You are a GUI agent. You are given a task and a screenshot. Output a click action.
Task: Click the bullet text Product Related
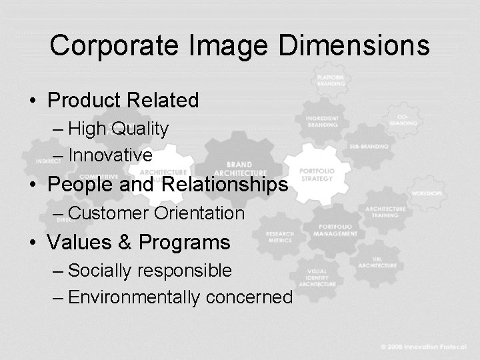(x=123, y=101)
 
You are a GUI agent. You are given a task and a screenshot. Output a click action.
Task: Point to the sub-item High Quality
(x=119, y=129)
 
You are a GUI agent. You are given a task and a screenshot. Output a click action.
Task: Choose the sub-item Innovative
(x=111, y=155)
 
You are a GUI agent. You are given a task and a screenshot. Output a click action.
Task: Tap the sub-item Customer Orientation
(x=157, y=213)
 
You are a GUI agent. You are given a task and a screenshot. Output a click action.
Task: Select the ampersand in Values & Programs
(x=125, y=243)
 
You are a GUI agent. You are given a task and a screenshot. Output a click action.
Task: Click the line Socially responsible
(x=150, y=271)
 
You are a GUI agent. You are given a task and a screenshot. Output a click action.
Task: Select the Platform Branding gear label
(x=331, y=81)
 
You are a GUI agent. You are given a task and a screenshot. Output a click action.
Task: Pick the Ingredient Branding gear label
(x=322, y=121)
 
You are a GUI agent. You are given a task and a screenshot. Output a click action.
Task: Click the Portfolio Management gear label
(x=335, y=231)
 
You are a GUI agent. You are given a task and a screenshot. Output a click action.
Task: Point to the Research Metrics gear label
(x=279, y=237)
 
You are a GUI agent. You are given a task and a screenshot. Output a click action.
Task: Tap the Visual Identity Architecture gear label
(x=317, y=277)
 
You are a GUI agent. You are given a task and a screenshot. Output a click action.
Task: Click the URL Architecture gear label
(x=377, y=262)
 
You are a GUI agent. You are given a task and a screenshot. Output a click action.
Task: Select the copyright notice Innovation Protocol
(x=429, y=347)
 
